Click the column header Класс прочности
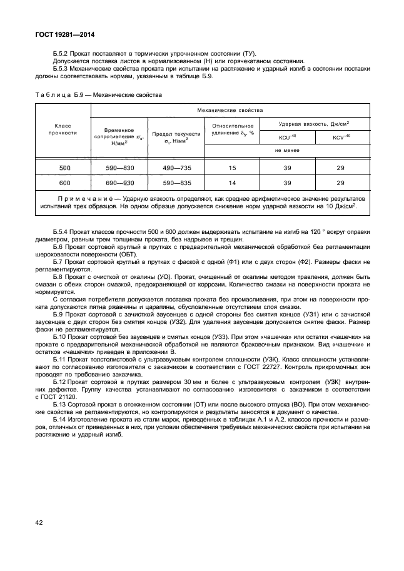point(65,129)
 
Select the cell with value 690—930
point(119,183)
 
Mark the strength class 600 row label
point(65,183)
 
